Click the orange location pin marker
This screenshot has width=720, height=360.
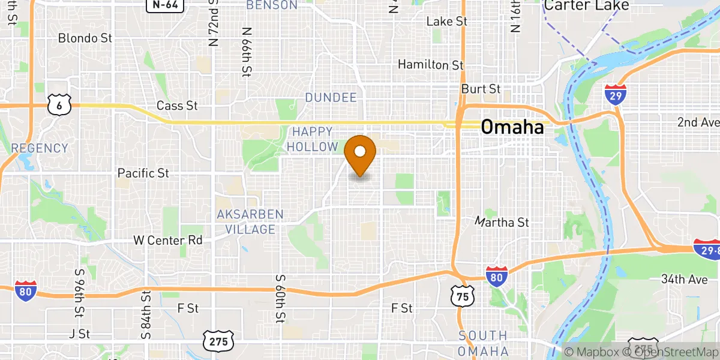point(360,154)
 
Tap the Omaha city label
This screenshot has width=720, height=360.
point(512,127)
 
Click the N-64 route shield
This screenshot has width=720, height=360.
point(164,5)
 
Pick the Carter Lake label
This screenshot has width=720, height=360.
point(586,6)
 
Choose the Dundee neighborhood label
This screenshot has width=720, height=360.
point(331,97)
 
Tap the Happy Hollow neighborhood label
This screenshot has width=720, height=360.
point(312,139)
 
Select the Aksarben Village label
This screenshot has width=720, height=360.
point(250,222)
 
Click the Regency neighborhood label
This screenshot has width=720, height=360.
point(40,148)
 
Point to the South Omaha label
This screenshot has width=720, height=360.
point(484,343)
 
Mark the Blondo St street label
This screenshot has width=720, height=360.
point(85,38)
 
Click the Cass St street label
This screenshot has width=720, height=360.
point(177,106)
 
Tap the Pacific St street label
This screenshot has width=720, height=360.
point(143,173)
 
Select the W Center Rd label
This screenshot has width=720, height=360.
point(167,241)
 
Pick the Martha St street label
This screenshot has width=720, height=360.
point(502,223)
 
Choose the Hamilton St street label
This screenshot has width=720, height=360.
point(431,64)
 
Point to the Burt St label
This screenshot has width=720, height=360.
point(481,89)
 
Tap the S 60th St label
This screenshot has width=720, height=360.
point(280,299)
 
